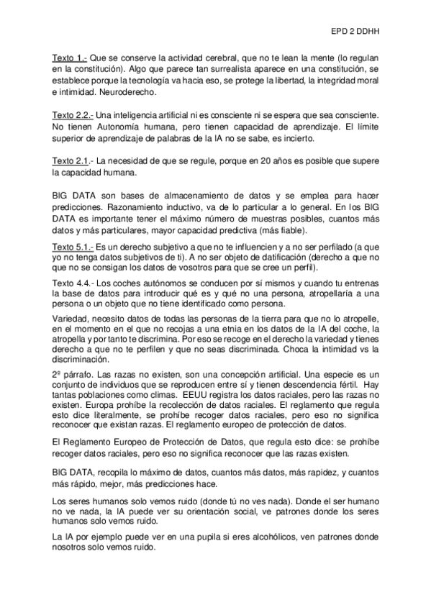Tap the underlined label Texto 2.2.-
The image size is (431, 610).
pos(73,115)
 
